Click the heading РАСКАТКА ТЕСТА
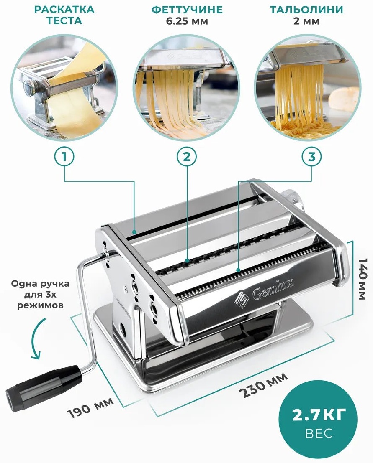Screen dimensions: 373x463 coord(64,15)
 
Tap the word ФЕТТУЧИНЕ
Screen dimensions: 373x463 coord(187,10)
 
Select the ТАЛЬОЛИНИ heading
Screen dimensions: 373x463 coord(306,10)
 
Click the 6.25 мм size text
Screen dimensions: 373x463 coord(187,21)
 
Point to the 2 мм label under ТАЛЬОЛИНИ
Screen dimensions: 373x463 coord(306,21)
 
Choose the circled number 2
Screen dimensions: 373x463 coord(187,157)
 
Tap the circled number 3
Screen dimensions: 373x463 coord(311,157)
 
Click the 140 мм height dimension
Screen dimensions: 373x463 coord(363,279)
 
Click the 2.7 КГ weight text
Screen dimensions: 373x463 coord(319,415)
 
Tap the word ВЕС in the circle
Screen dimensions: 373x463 coord(319,433)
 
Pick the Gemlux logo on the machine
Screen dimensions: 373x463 coord(264,293)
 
